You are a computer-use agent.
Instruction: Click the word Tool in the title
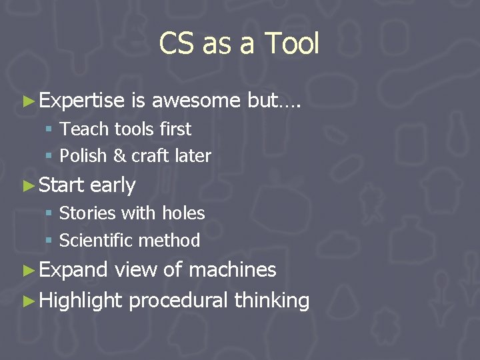292,44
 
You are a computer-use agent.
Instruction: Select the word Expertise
82,101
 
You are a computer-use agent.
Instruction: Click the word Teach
80,129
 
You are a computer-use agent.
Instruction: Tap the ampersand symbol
119,156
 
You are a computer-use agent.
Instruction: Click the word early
113,185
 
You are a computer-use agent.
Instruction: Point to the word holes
183,213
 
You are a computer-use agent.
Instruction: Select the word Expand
73,269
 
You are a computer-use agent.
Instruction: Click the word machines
233,269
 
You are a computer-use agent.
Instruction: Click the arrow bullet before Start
28,185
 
